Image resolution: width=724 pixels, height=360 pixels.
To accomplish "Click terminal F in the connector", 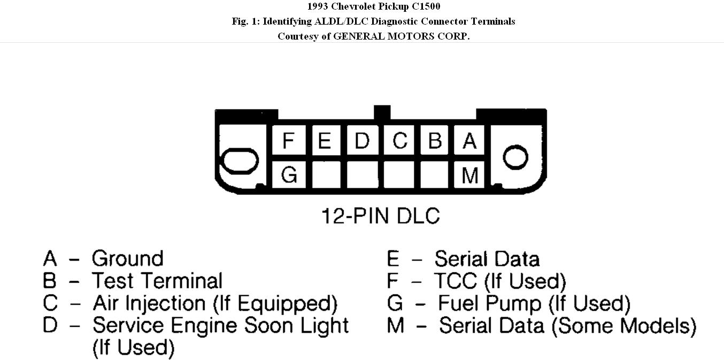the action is point(289,141).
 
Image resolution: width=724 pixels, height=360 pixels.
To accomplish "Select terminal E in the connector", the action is point(325,141).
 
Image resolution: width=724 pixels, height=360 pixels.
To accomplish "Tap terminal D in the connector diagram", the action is point(362,141).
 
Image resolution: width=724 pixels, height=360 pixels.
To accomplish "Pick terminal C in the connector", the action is point(399,141).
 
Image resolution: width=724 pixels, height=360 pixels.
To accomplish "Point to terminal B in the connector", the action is point(435,141).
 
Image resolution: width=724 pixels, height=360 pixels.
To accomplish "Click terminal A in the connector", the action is point(469,141).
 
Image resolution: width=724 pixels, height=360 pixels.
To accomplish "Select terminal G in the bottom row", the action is point(289,174).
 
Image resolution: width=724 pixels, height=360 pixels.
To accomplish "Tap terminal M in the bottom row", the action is point(469,174).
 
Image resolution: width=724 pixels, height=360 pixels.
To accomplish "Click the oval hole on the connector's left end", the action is point(240,160).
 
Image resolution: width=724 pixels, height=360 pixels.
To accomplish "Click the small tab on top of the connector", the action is point(382,112).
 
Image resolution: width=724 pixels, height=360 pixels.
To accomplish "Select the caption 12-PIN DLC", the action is point(380,216).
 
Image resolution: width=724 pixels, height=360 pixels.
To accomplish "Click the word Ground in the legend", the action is point(127,258).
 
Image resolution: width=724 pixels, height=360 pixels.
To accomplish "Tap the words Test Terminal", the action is point(157,281).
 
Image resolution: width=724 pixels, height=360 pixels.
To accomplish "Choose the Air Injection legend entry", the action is point(215,303).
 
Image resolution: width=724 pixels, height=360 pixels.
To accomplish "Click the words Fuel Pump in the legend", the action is point(489,303).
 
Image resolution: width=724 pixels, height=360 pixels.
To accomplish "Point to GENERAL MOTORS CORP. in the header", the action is point(401,36).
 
